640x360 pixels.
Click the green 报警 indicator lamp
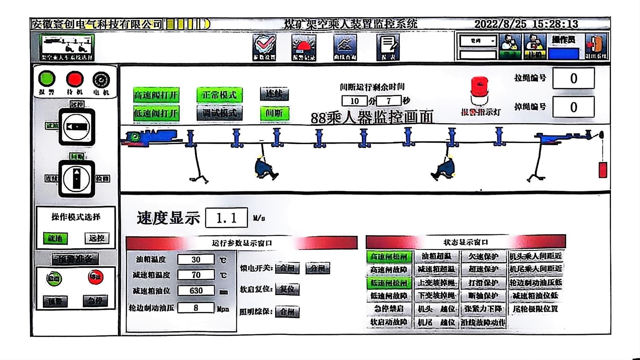click(x=47, y=78)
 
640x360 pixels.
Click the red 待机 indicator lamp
click(x=75, y=79)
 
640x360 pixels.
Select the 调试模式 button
click(x=220, y=113)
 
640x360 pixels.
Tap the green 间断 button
click(x=274, y=113)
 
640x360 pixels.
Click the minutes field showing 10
click(x=354, y=101)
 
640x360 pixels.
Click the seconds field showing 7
click(x=389, y=101)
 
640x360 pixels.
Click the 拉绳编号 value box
click(x=573, y=78)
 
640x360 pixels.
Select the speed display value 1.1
click(x=226, y=218)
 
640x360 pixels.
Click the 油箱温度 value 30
click(x=196, y=259)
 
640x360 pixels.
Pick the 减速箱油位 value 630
click(x=196, y=291)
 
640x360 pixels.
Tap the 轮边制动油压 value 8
click(x=196, y=307)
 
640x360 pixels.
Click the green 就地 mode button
click(x=55, y=238)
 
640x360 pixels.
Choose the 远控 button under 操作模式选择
click(x=96, y=238)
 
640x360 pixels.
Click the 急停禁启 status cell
click(x=389, y=309)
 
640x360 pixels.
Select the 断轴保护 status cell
click(x=483, y=296)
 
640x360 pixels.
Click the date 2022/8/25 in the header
click(x=500, y=24)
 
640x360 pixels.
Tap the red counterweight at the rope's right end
click(x=603, y=170)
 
